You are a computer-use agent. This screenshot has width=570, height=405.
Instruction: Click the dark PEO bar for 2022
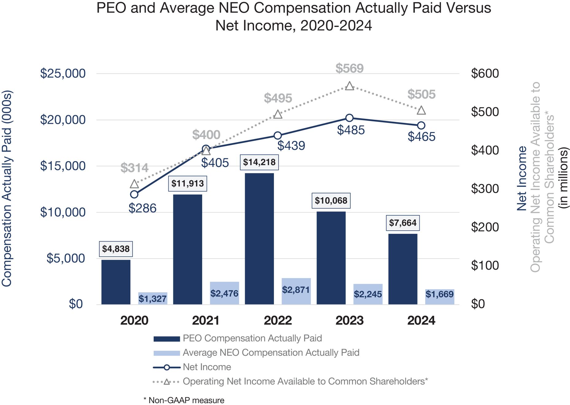click(x=259, y=239)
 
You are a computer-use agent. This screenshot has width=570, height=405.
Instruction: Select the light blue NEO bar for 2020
click(x=152, y=298)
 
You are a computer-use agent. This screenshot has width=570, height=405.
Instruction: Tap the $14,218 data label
click(x=259, y=162)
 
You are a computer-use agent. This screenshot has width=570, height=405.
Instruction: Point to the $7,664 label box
click(x=402, y=223)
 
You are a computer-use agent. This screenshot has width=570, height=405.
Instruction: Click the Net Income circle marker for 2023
click(x=349, y=118)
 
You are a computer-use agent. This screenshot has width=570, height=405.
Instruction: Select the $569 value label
click(x=349, y=68)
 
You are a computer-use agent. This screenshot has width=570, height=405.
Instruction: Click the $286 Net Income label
click(x=142, y=208)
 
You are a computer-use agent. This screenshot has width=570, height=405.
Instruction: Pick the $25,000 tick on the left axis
click(x=63, y=74)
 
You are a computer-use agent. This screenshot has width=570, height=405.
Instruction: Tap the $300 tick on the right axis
click(x=485, y=189)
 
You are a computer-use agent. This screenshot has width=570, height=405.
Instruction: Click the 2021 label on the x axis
click(x=206, y=321)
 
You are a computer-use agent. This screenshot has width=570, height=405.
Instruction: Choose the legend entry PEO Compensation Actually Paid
click(x=252, y=338)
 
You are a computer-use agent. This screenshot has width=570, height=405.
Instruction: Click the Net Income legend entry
click(x=207, y=367)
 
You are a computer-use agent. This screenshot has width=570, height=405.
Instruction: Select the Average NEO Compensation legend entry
click(x=271, y=353)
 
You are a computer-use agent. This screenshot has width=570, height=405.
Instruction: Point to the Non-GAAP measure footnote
click(x=184, y=400)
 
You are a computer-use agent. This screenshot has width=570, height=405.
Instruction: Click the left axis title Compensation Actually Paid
click(x=7, y=189)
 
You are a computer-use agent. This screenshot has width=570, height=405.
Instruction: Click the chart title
click(x=294, y=17)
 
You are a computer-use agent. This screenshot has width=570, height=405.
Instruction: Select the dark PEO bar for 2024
click(x=403, y=269)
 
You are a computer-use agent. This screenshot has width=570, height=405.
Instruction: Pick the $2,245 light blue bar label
click(x=368, y=294)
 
